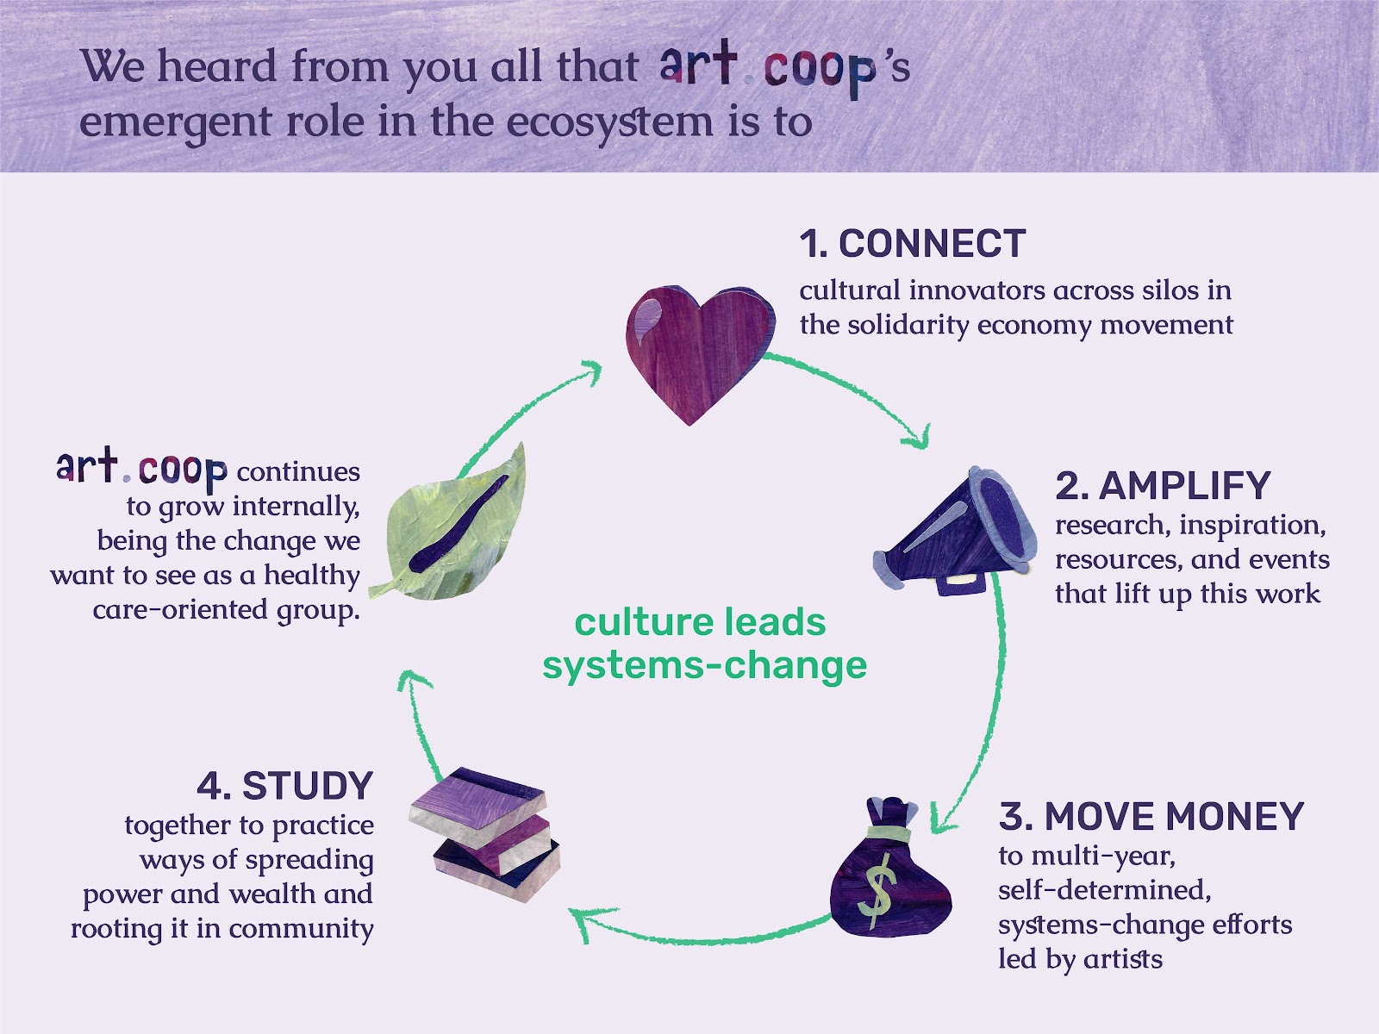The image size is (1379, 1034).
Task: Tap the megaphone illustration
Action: [x=955, y=531]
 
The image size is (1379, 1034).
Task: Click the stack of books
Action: [x=484, y=833]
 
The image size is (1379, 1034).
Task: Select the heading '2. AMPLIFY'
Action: [x=1163, y=485]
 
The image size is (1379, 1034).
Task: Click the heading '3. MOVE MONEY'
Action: [x=1151, y=816]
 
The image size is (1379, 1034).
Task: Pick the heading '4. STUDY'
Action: [x=285, y=785]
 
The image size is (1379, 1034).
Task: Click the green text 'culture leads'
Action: [x=700, y=622]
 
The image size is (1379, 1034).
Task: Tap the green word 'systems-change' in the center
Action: [x=705, y=665]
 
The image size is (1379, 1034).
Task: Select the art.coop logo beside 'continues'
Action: [x=141, y=469]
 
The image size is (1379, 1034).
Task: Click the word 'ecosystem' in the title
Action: [x=610, y=122]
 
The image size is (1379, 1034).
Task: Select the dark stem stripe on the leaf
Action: [x=458, y=524]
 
